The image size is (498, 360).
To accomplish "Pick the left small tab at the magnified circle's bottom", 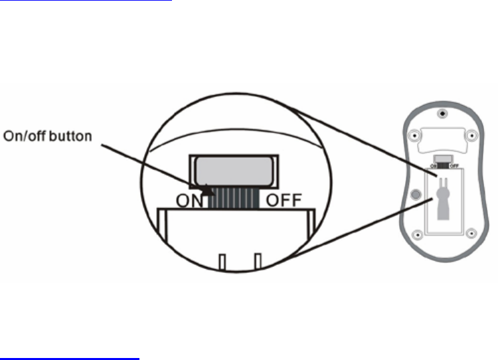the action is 222,262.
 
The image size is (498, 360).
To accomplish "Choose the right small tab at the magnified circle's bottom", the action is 258,262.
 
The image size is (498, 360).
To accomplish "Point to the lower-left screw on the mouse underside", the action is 417,233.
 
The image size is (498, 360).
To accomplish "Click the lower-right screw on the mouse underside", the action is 471,233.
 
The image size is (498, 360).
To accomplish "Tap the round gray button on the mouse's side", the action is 416,195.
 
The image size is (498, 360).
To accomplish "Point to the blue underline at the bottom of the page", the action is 70,357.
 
